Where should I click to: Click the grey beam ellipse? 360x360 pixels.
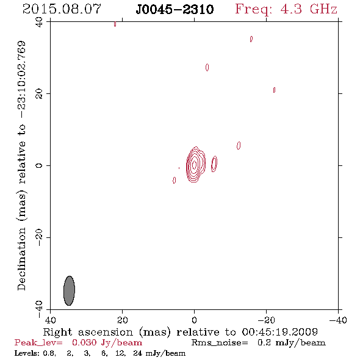(69, 290)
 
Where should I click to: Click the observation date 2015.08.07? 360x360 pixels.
(62, 9)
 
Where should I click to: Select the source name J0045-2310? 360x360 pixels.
(175, 10)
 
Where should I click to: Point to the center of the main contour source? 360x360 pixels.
(194, 165)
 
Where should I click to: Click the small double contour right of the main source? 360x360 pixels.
(214, 164)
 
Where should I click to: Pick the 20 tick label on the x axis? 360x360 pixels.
(122, 320)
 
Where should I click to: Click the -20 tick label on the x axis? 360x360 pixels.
(266, 320)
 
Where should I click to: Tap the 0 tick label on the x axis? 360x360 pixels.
(194, 320)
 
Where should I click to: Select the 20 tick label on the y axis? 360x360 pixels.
(39, 94)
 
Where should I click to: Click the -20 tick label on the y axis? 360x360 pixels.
(39, 237)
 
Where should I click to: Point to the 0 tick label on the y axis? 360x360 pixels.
(39, 165)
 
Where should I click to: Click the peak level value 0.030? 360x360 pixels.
(84, 342)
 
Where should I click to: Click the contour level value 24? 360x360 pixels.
(138, 353)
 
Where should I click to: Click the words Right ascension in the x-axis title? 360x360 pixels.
(88, 332)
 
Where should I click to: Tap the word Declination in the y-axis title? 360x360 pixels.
(21, 259)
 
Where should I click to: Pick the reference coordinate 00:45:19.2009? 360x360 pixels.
(279, 332)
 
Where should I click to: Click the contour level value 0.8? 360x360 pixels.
(49, 353)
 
